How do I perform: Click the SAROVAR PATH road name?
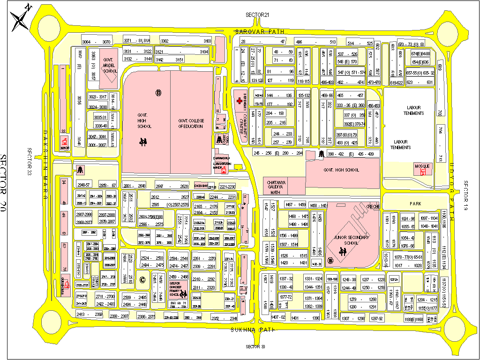[x=260, y=31]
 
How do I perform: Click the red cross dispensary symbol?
[x=240, y=101]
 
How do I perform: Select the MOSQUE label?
[x=423, y=166]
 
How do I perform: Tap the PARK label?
[x=416, y=204]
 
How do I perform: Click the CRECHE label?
[x=373, y=206]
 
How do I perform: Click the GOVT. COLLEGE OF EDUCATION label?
[x=191, y=124]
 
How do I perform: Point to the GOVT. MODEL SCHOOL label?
[x=109, y=65]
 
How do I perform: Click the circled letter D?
[x=158, y=92]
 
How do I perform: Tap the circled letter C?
[x=142, y=280]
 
